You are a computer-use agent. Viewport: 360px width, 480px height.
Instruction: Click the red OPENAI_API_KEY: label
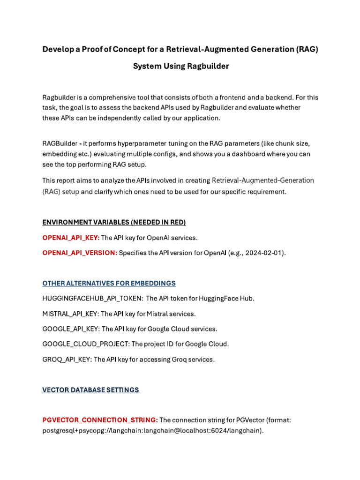pyautogui.click(x=71, y=238)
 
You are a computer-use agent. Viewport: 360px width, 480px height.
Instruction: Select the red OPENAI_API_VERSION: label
pyautogui.click(x=80, y=253)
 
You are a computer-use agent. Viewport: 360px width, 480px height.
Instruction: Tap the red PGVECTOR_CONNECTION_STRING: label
pyautogui.click(x=100, y=420)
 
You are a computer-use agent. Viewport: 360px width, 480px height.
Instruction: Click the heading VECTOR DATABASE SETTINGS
pyautogui.click(x=90, y=390)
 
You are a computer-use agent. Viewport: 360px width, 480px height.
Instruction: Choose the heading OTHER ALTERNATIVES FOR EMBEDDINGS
pyautogui.click(x=109, y=283)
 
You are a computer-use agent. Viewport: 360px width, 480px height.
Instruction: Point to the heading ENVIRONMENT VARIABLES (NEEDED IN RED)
pyautogui.click(x=114, y=222)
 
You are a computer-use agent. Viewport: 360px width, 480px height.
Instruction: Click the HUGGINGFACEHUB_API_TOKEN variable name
pyautogui.click(x=92, y=298)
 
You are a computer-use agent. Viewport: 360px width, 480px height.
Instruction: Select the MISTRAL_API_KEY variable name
pyautogui.click(x=70, y=314)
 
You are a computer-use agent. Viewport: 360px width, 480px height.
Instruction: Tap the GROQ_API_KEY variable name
pyautogui.click(x=67, y=360)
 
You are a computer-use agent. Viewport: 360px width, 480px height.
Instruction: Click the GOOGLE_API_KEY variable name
pyautogui.click(x=71, y=329)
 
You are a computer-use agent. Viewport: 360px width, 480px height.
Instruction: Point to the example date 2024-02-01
pyautogui.click(x=265, y=253)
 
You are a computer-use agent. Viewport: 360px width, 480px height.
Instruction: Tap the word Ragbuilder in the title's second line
pyautogui.click(x=208, y=66)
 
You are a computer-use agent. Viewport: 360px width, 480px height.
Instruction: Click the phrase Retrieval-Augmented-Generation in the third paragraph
pyautogui.click(x=263, y=180)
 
